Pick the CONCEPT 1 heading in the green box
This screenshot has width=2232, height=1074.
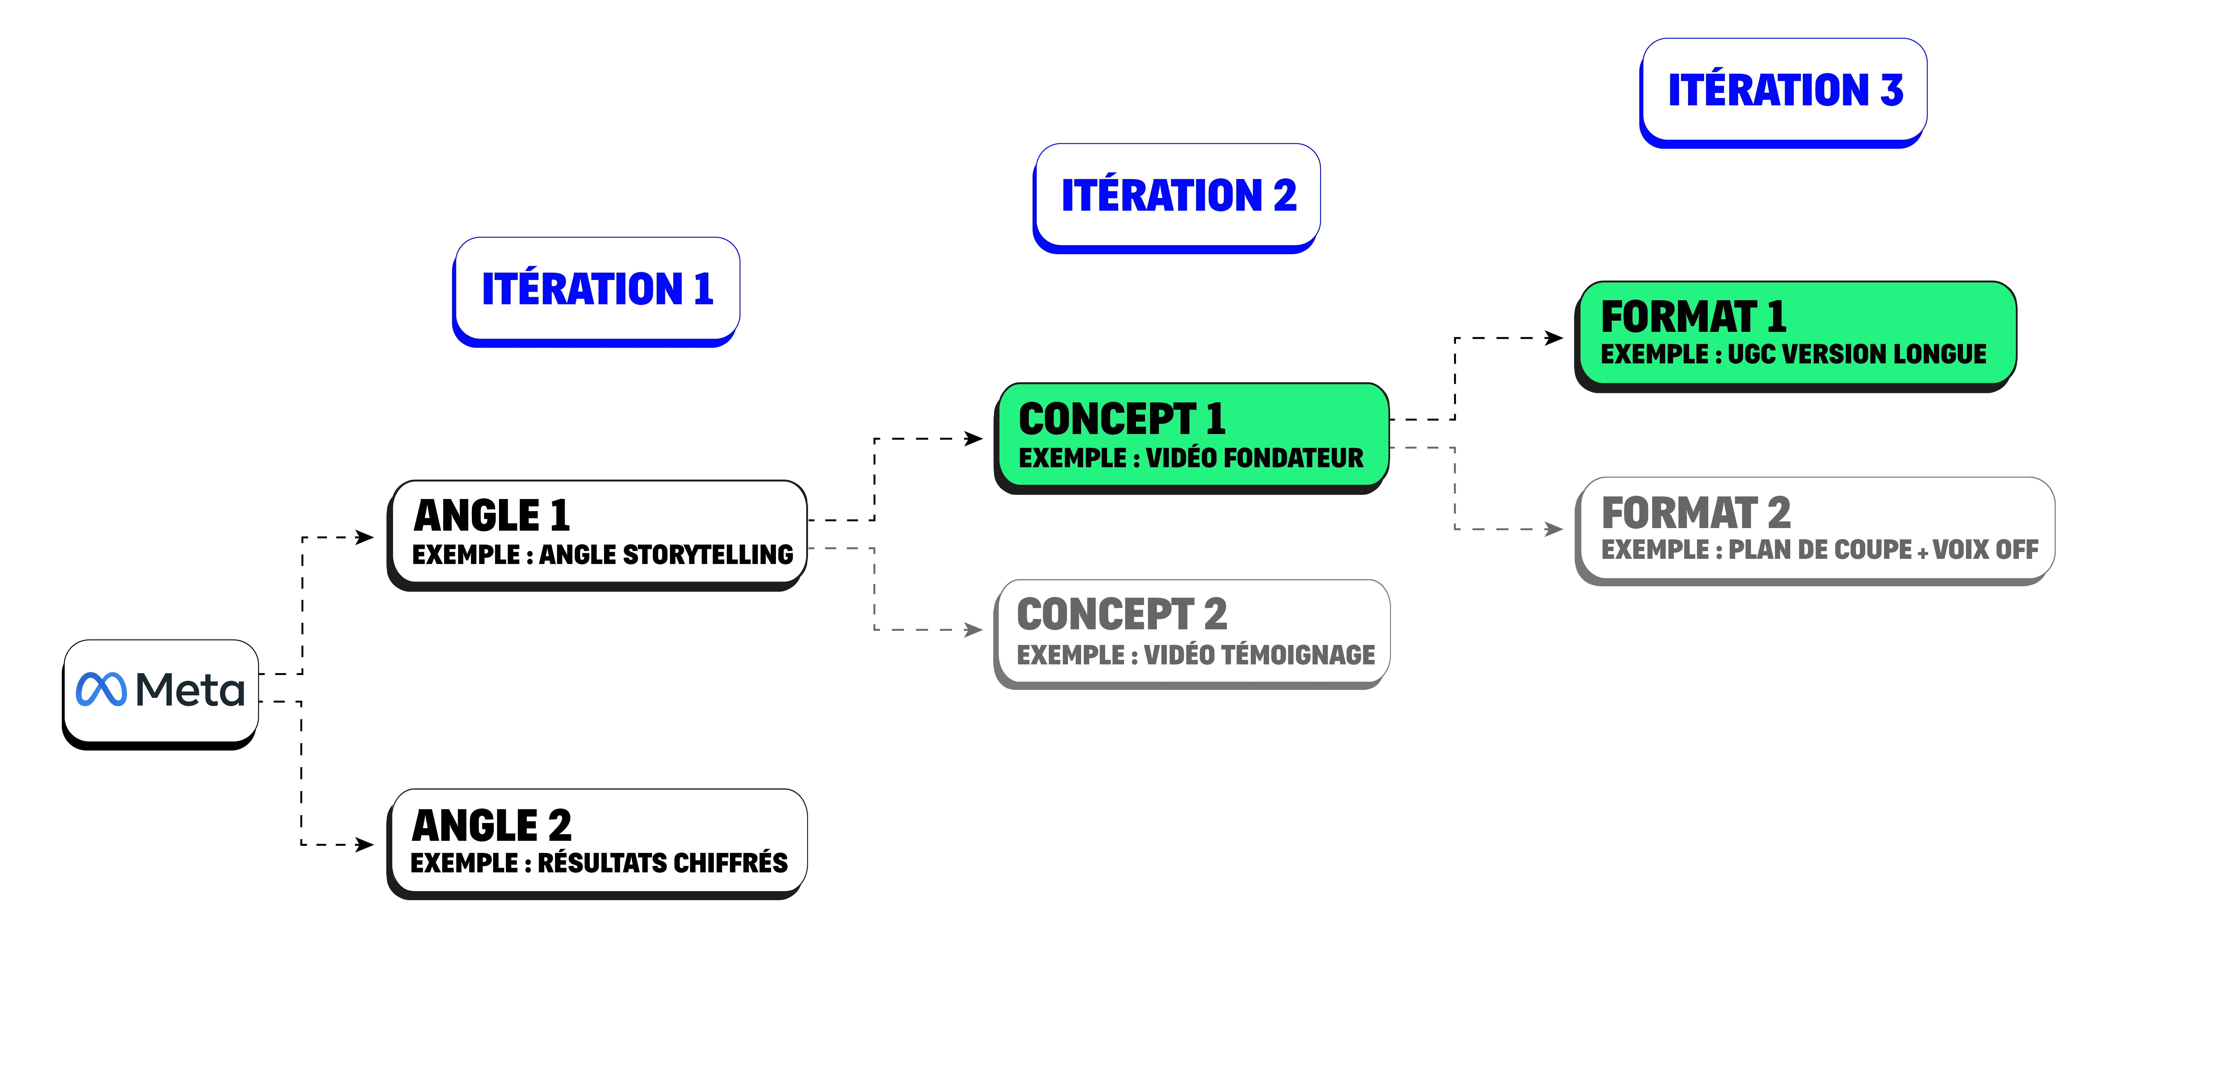coord(1122,420)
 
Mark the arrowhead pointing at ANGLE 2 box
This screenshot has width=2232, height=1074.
coord(365,844)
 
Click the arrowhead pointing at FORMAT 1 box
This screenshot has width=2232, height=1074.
coord(1554,338)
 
